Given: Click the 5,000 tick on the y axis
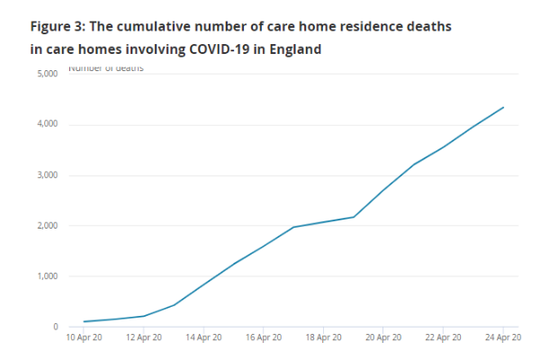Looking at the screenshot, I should tap(47, 74).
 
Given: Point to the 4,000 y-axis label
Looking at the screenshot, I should tap(47, 124).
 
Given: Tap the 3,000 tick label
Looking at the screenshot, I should tap(47, 175).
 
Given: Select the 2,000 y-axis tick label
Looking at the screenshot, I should tap(47, 226).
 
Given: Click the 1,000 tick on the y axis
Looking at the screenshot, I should tap(47, 276).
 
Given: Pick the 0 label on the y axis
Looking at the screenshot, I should tap(55, 328).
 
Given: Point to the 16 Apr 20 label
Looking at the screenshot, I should tap(263, 338).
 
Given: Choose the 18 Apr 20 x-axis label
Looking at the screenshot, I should tap(323, 338).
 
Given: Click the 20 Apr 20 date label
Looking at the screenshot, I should tap(383, 338).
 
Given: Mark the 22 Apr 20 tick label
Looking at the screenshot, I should tap(444, 338).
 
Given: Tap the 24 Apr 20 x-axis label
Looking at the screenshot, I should tap(502, 338).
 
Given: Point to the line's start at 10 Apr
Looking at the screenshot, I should tap(83, 321).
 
